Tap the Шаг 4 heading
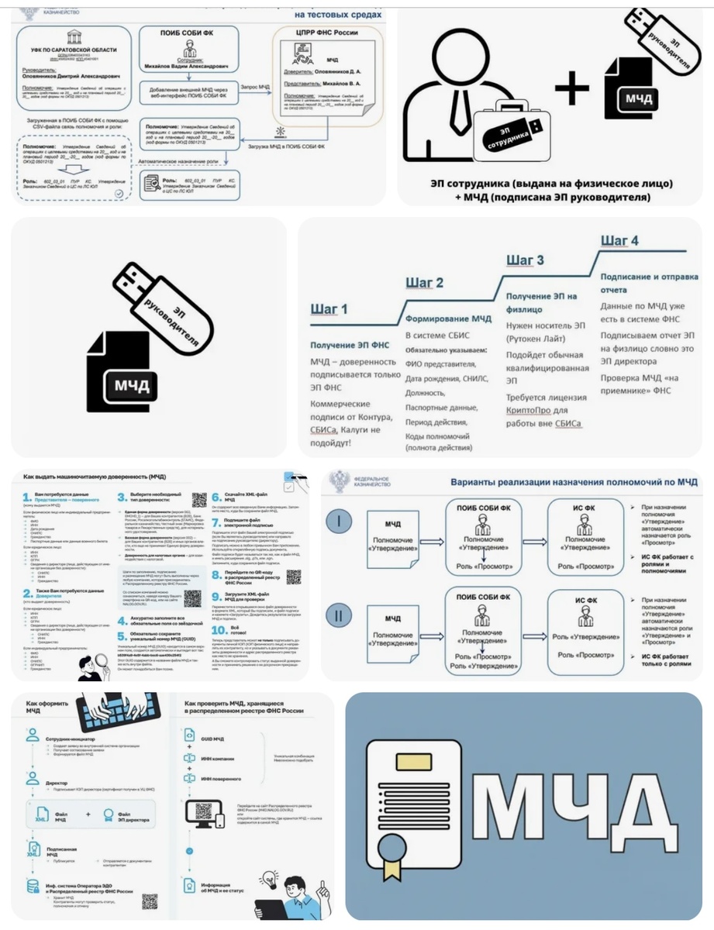point(619,240)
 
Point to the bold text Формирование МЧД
point(448,319)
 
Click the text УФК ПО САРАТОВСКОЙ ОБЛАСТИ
point(70,50)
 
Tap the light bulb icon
point(270,878)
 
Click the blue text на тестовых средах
point(339,15)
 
